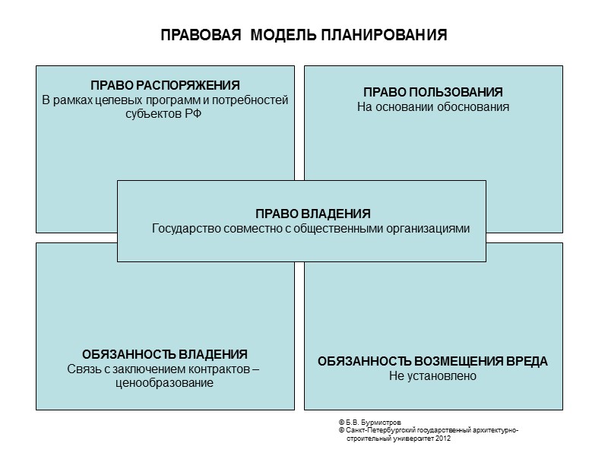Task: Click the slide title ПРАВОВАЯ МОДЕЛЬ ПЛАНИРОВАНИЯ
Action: tap(304, 36)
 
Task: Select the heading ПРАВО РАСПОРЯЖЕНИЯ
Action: tap(165, 84)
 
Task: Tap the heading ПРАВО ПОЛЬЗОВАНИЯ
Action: tap(433, 92)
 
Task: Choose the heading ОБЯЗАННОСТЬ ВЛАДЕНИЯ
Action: tap(165, 354)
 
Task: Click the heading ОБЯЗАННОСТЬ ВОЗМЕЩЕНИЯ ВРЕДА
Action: tap(432, 361)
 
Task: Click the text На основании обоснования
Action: tap(433, 107)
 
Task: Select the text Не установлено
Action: tap(432, 375)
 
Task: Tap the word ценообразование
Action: tap(165, 383)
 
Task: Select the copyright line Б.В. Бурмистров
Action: tap(372, 422)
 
